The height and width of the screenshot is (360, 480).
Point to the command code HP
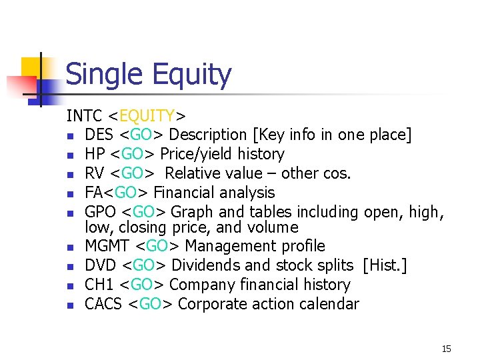(x=95, y=154)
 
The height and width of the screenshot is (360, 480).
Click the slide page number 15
(x=446, y=349)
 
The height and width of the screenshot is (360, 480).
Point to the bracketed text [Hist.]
(x=385, y=265)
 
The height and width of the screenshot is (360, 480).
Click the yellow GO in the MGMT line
(x=157, y=246)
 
